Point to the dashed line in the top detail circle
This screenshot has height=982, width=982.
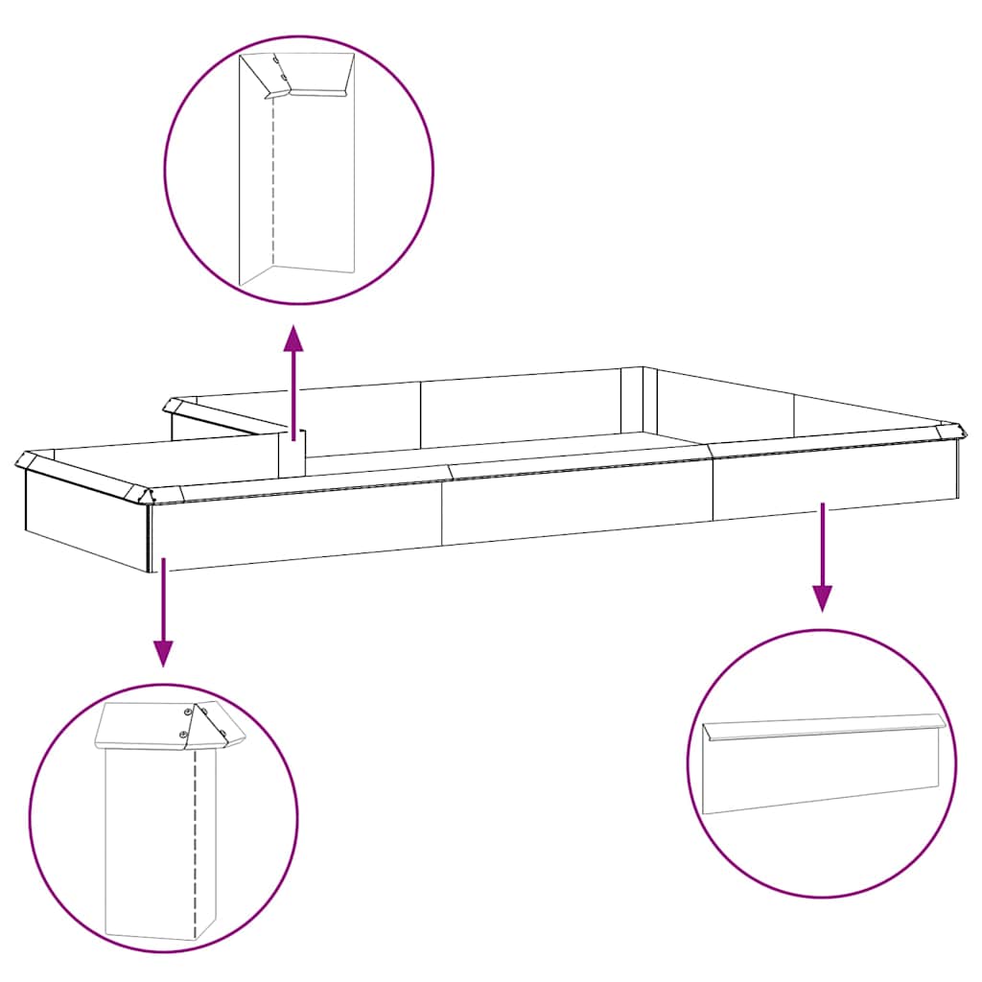click(274, 182)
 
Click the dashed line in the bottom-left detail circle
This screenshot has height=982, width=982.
click(196, 844)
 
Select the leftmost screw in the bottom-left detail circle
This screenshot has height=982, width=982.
click(182, 735)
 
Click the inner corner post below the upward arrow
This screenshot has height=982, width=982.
click(292, 453)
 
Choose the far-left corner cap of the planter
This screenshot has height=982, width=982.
click(26, 459)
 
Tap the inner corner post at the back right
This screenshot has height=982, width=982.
click(632, 401)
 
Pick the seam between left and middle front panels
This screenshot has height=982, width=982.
click(442, 514)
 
